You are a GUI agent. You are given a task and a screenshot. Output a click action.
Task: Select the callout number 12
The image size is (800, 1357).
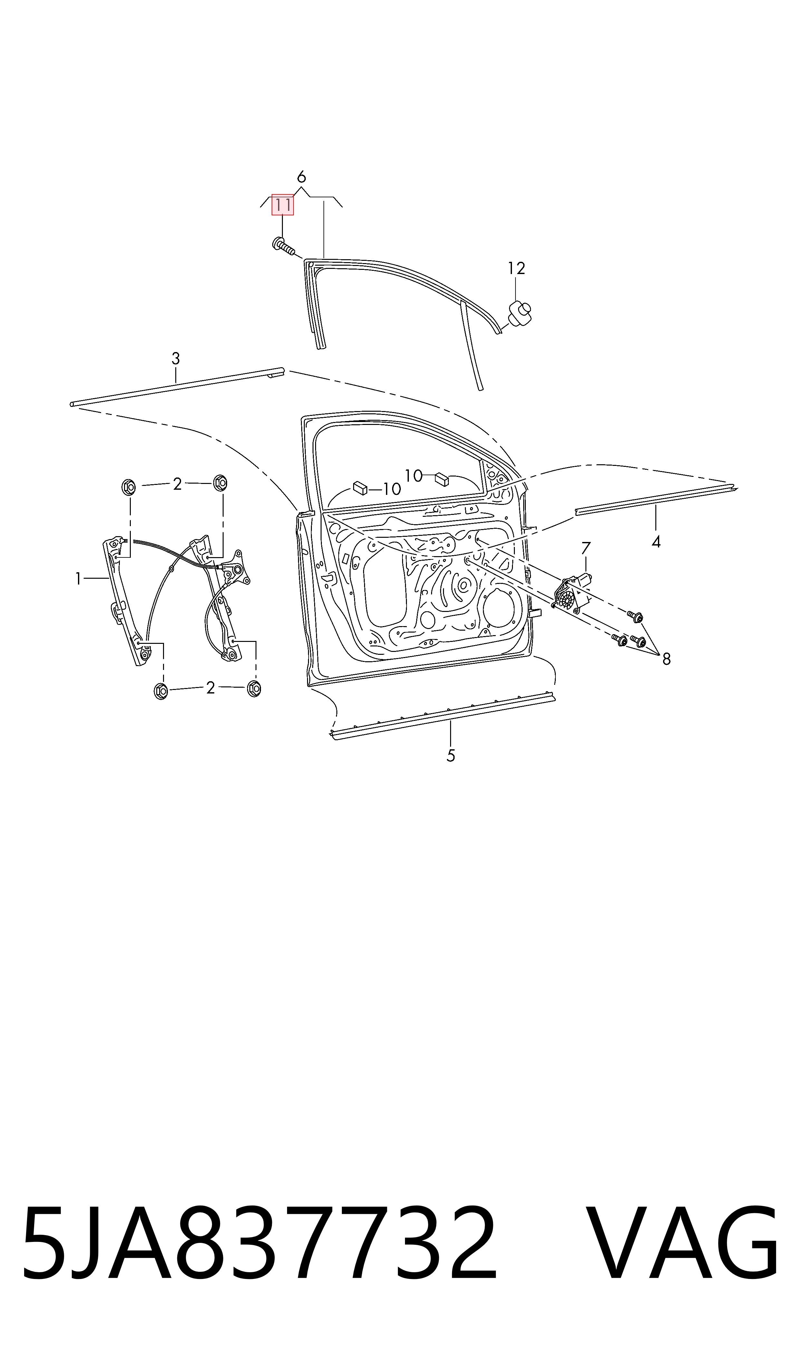pyautogui.click(x=516, y=268)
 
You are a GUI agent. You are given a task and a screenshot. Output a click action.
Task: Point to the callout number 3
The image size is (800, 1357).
pyautogui.click(x=175, y=358)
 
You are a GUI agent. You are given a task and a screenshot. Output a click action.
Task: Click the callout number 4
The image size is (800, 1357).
pyautogui.click(x=656, y=542)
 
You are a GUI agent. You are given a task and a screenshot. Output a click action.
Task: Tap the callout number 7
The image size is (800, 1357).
pyautogui.click(x=586, y=548)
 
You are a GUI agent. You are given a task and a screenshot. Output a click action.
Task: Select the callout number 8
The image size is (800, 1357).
pyautogui.click(x=666, y=659)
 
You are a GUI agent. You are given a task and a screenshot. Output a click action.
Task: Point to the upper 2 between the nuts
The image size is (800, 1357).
pyautogui.click(x=177, y=484)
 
